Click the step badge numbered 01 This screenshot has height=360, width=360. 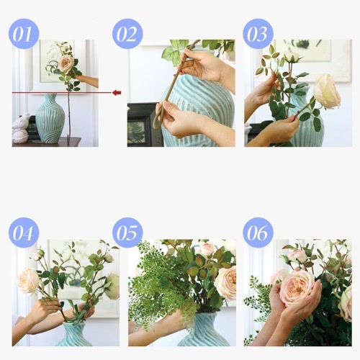coord(24,34)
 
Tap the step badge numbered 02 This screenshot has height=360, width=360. coord(127,34)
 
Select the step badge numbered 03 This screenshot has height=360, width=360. coord(258,34)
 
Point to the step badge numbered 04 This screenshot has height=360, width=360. coord(24,233)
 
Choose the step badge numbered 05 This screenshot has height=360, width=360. coord(127,233)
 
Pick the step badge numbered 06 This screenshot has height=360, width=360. coord(258,233)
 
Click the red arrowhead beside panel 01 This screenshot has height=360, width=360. coord(117,92)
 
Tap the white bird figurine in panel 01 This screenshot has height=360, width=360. coord(21,127)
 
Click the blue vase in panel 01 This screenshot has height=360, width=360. coord(50,118)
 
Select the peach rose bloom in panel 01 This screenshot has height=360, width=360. coord(66,63)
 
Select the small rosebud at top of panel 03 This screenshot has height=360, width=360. coord(292,57)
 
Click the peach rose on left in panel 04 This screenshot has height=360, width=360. coord(28,281)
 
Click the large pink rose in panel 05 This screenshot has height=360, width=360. coord(226,283)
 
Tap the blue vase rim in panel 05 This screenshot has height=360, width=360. coord(206,315)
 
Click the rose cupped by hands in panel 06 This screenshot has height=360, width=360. coord(297,289)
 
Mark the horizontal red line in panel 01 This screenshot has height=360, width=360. coord(62,92)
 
